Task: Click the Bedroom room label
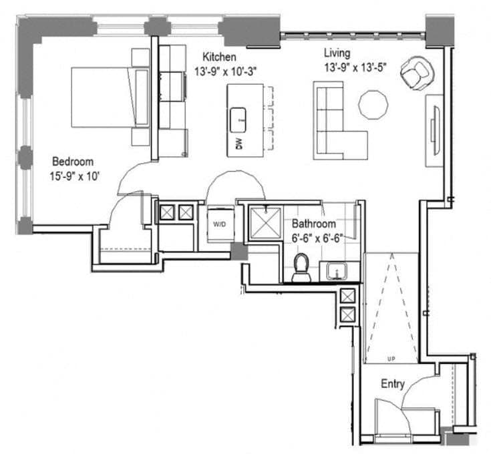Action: pos(73,162)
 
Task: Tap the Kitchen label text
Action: pos(219,57)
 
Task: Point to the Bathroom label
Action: pos(313,224)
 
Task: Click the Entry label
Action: pos(392,384)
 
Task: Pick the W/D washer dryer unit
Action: pos(219,224)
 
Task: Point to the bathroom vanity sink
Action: pos(337,271)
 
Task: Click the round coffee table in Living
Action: pos(373,104)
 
